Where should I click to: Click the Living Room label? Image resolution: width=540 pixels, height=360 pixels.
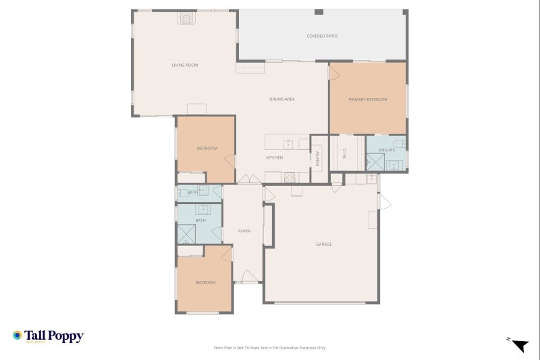point(184,65)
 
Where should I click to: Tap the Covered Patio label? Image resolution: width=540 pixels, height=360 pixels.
point(322,36)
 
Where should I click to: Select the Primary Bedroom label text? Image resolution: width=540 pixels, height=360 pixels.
point(368,99)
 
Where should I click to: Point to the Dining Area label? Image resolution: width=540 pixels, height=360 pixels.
point(281,99)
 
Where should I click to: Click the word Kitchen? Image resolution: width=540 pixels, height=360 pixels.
point(274,157)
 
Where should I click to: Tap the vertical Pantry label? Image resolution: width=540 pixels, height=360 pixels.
point(317,158)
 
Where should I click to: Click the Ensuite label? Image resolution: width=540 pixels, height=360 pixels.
point(387,149)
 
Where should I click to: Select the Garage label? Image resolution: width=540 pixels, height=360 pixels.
point(324,244)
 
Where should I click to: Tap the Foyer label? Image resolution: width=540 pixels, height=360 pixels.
point(244,231)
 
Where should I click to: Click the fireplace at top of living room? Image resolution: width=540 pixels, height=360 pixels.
point(187,19)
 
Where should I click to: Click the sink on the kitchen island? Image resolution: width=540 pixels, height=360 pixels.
point(288,143)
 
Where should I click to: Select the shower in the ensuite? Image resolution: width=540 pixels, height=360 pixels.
point(375,163)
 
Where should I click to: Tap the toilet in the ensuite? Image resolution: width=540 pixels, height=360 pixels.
point(400,143)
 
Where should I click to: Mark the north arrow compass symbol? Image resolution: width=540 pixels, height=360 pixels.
point(518,345)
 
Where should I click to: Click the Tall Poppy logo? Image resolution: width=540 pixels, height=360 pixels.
point(48,336)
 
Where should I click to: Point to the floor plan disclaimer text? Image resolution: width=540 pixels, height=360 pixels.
point(269,348)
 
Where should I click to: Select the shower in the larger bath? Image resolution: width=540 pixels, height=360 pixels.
point(186,233)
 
